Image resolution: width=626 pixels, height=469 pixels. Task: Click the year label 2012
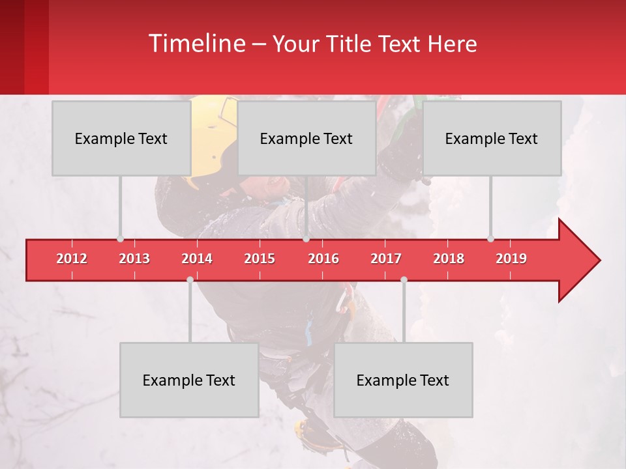[72, 259]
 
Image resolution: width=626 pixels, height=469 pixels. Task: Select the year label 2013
[134, 259]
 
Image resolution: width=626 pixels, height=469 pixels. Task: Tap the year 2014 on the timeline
[197, 259]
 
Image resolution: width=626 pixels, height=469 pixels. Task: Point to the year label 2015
[260, 259]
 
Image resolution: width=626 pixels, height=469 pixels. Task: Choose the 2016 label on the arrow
[323, 259]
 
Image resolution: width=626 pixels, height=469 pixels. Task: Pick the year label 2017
[386, 259]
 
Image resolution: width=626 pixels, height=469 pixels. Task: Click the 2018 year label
[449, 259]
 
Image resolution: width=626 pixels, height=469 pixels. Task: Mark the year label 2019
[511, 259]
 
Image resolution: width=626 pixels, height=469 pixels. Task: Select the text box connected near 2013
[121, 138]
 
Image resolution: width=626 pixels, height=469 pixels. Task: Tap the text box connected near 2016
[306, 138]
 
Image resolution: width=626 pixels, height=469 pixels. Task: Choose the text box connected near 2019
[491, 138]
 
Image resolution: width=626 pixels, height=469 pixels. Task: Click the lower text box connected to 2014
[189, 380]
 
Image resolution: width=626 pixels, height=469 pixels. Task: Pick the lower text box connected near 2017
[403, 380]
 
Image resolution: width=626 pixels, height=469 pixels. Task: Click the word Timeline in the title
[196, 44]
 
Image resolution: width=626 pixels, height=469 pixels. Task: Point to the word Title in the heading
[350, 44]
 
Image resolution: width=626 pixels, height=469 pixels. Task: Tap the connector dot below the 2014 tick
[190, 280]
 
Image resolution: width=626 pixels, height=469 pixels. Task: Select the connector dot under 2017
[404, 280]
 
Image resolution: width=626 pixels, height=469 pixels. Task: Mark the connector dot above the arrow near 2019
[490, 238]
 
